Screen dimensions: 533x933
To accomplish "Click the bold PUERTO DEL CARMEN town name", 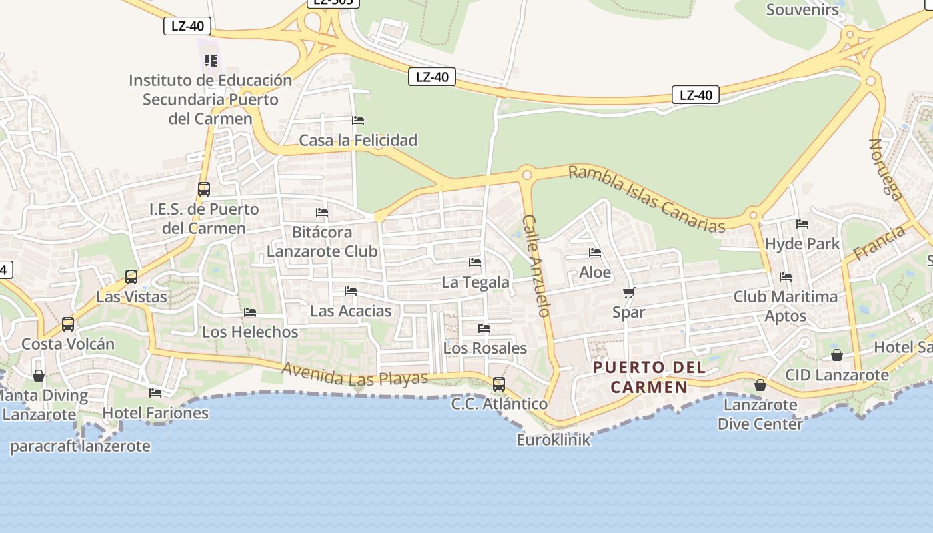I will pos(649,377).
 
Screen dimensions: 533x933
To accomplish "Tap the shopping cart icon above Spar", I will pos(628,292).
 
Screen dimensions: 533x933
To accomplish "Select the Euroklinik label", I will pos(553,440).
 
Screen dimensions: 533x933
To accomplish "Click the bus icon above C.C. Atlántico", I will pos(498,384).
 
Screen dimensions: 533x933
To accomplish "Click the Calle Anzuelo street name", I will pos(536,265).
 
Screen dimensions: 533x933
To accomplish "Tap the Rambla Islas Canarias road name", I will pos(646,199).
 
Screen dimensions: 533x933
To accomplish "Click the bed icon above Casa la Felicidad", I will pos(358,121).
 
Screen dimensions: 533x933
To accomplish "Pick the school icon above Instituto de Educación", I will pos(211,61).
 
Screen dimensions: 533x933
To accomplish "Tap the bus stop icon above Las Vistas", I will pos(131,277).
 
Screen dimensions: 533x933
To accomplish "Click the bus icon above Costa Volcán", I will pos(68,324).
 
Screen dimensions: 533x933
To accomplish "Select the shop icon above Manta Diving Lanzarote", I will pos(39,376).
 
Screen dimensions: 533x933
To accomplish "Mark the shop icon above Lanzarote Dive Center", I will pos(760,385).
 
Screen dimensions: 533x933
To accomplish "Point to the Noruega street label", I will pos(887,169).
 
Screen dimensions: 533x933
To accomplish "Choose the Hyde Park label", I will pos(802,244).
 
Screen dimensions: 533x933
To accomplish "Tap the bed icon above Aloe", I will pos(594,253).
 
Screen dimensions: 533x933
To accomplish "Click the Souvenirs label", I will pos(802,10).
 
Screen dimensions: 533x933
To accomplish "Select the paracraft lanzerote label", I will pos(80,446).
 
